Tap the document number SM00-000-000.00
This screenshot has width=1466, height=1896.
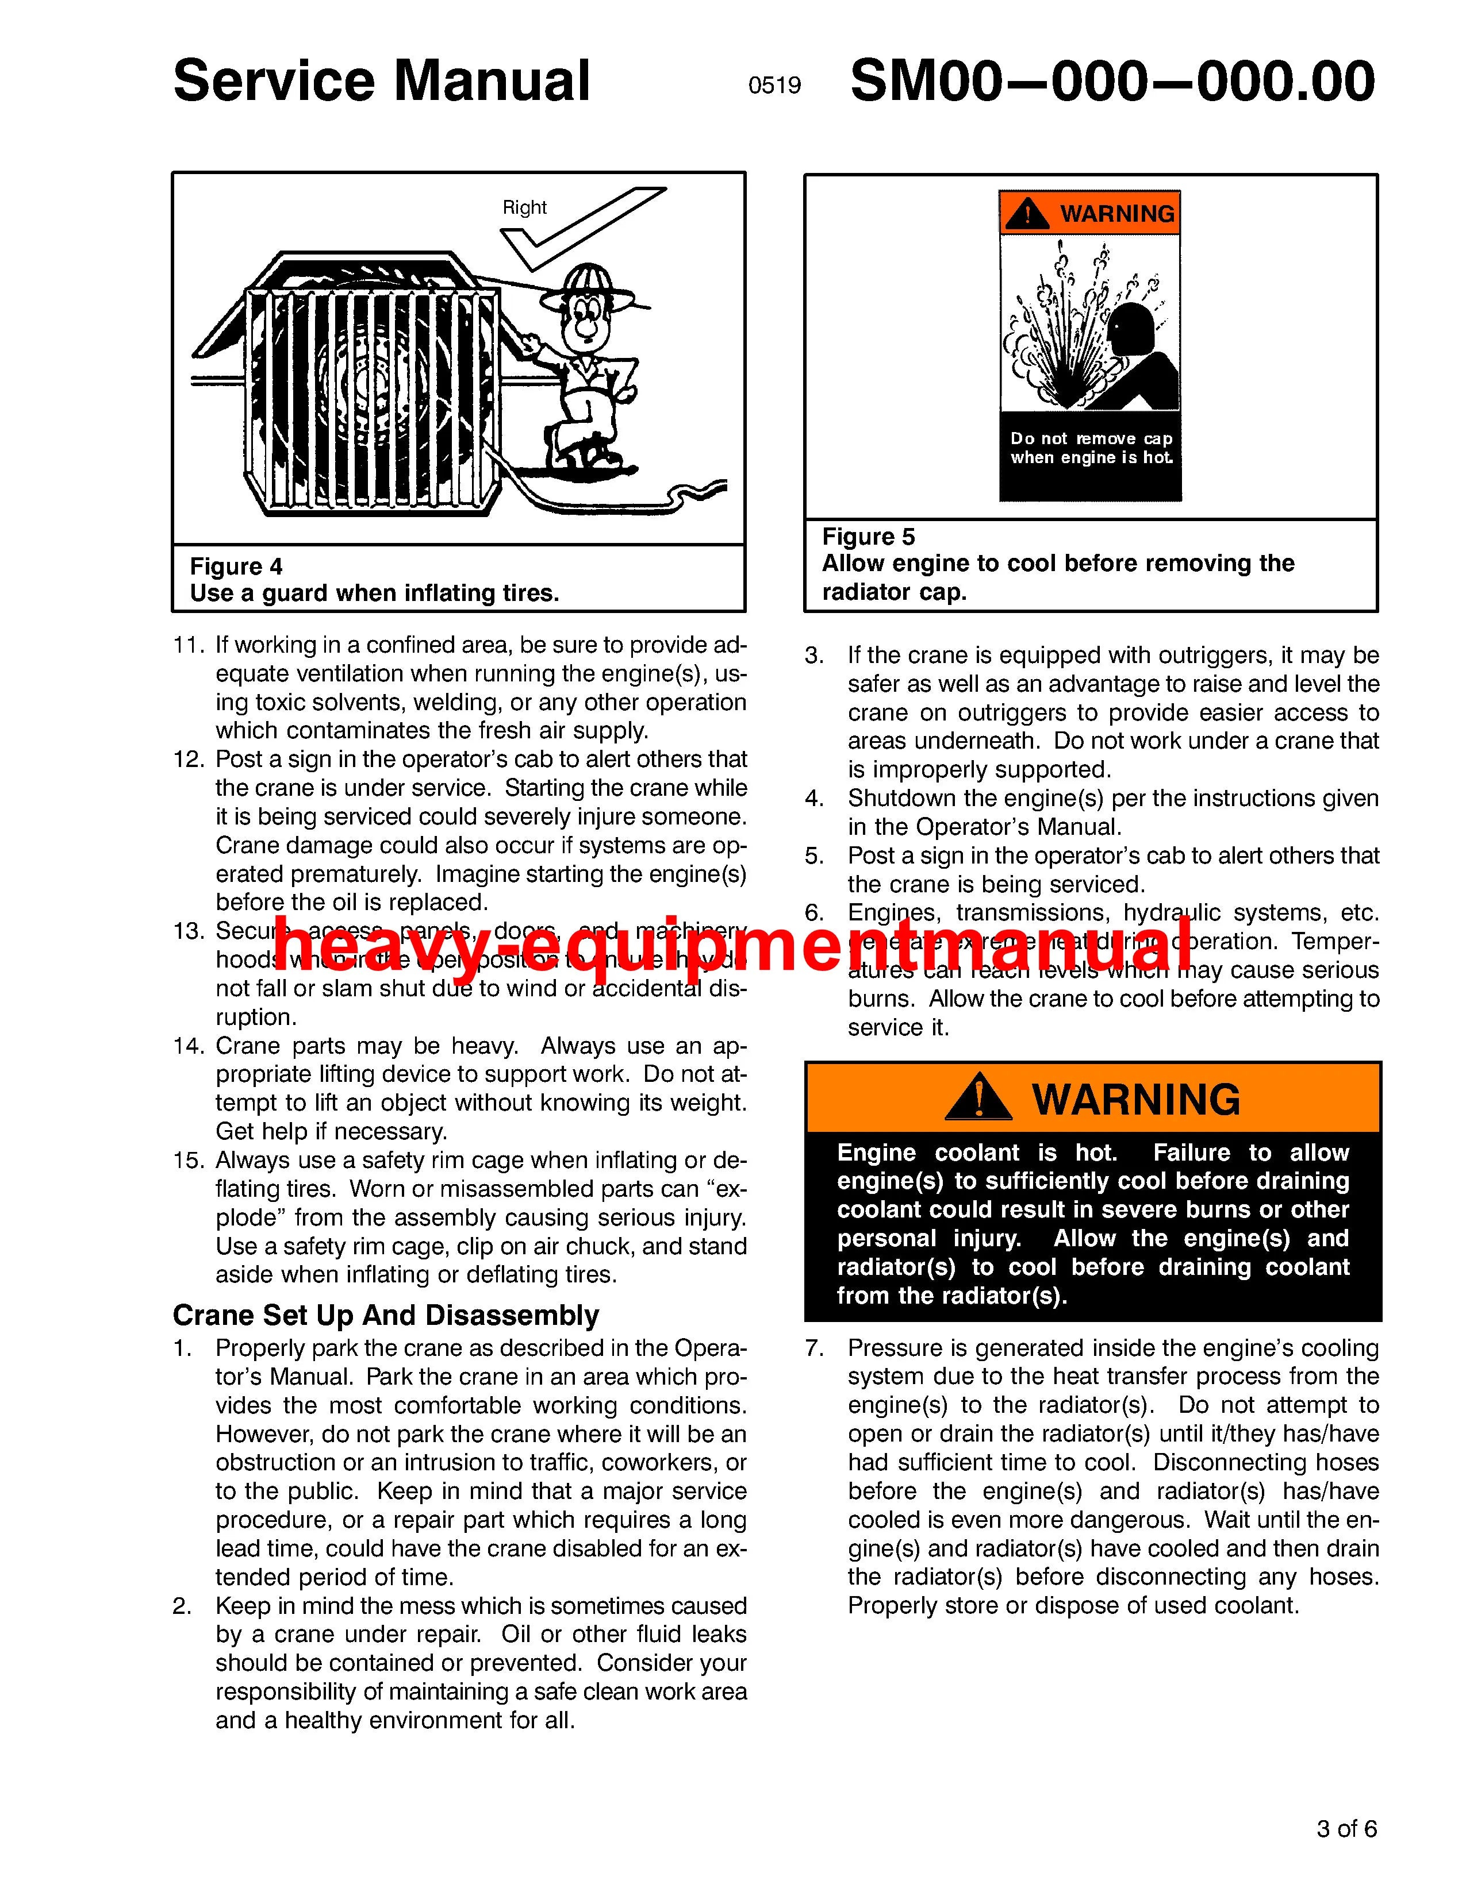(1112, 82)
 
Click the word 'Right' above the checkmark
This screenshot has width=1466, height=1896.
(524, 207)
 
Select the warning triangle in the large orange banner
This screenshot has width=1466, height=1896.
(978, 1097)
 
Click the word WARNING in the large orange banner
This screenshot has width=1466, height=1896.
(1136, 1099)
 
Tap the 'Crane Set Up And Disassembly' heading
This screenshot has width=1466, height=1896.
(386, 1315)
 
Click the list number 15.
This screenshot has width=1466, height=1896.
(187, 1161)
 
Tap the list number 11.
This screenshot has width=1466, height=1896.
(187, 645)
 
